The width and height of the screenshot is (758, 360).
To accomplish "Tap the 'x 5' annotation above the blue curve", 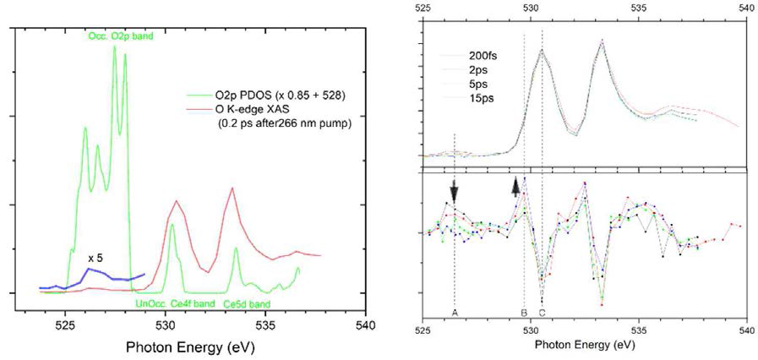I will (95, 257).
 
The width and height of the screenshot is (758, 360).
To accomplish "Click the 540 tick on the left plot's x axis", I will (365, 324).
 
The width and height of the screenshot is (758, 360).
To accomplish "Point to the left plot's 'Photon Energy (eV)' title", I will (190, 347).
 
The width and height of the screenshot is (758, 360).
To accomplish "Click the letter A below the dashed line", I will (455, 313).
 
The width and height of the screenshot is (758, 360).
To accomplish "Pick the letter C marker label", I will (542, 313).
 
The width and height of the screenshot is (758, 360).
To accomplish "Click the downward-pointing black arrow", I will (455, 192).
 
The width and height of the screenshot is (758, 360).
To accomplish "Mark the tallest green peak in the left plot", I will (115, 47).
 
